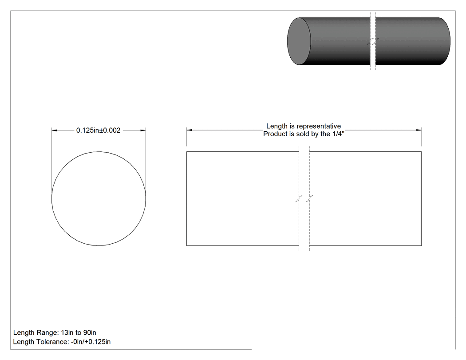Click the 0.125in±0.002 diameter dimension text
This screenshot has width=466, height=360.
pos(99,130)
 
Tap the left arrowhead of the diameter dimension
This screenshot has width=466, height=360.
pos(54,130)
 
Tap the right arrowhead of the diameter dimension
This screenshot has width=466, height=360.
pos(143,130)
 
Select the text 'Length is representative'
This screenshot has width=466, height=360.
pos(304,126)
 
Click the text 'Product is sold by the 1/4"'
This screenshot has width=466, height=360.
pos(304,134)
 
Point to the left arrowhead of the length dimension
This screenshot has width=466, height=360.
pos(190,130)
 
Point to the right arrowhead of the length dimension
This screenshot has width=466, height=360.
pos(419,130)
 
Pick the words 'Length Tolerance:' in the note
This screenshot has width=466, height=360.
pos(41,342)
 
